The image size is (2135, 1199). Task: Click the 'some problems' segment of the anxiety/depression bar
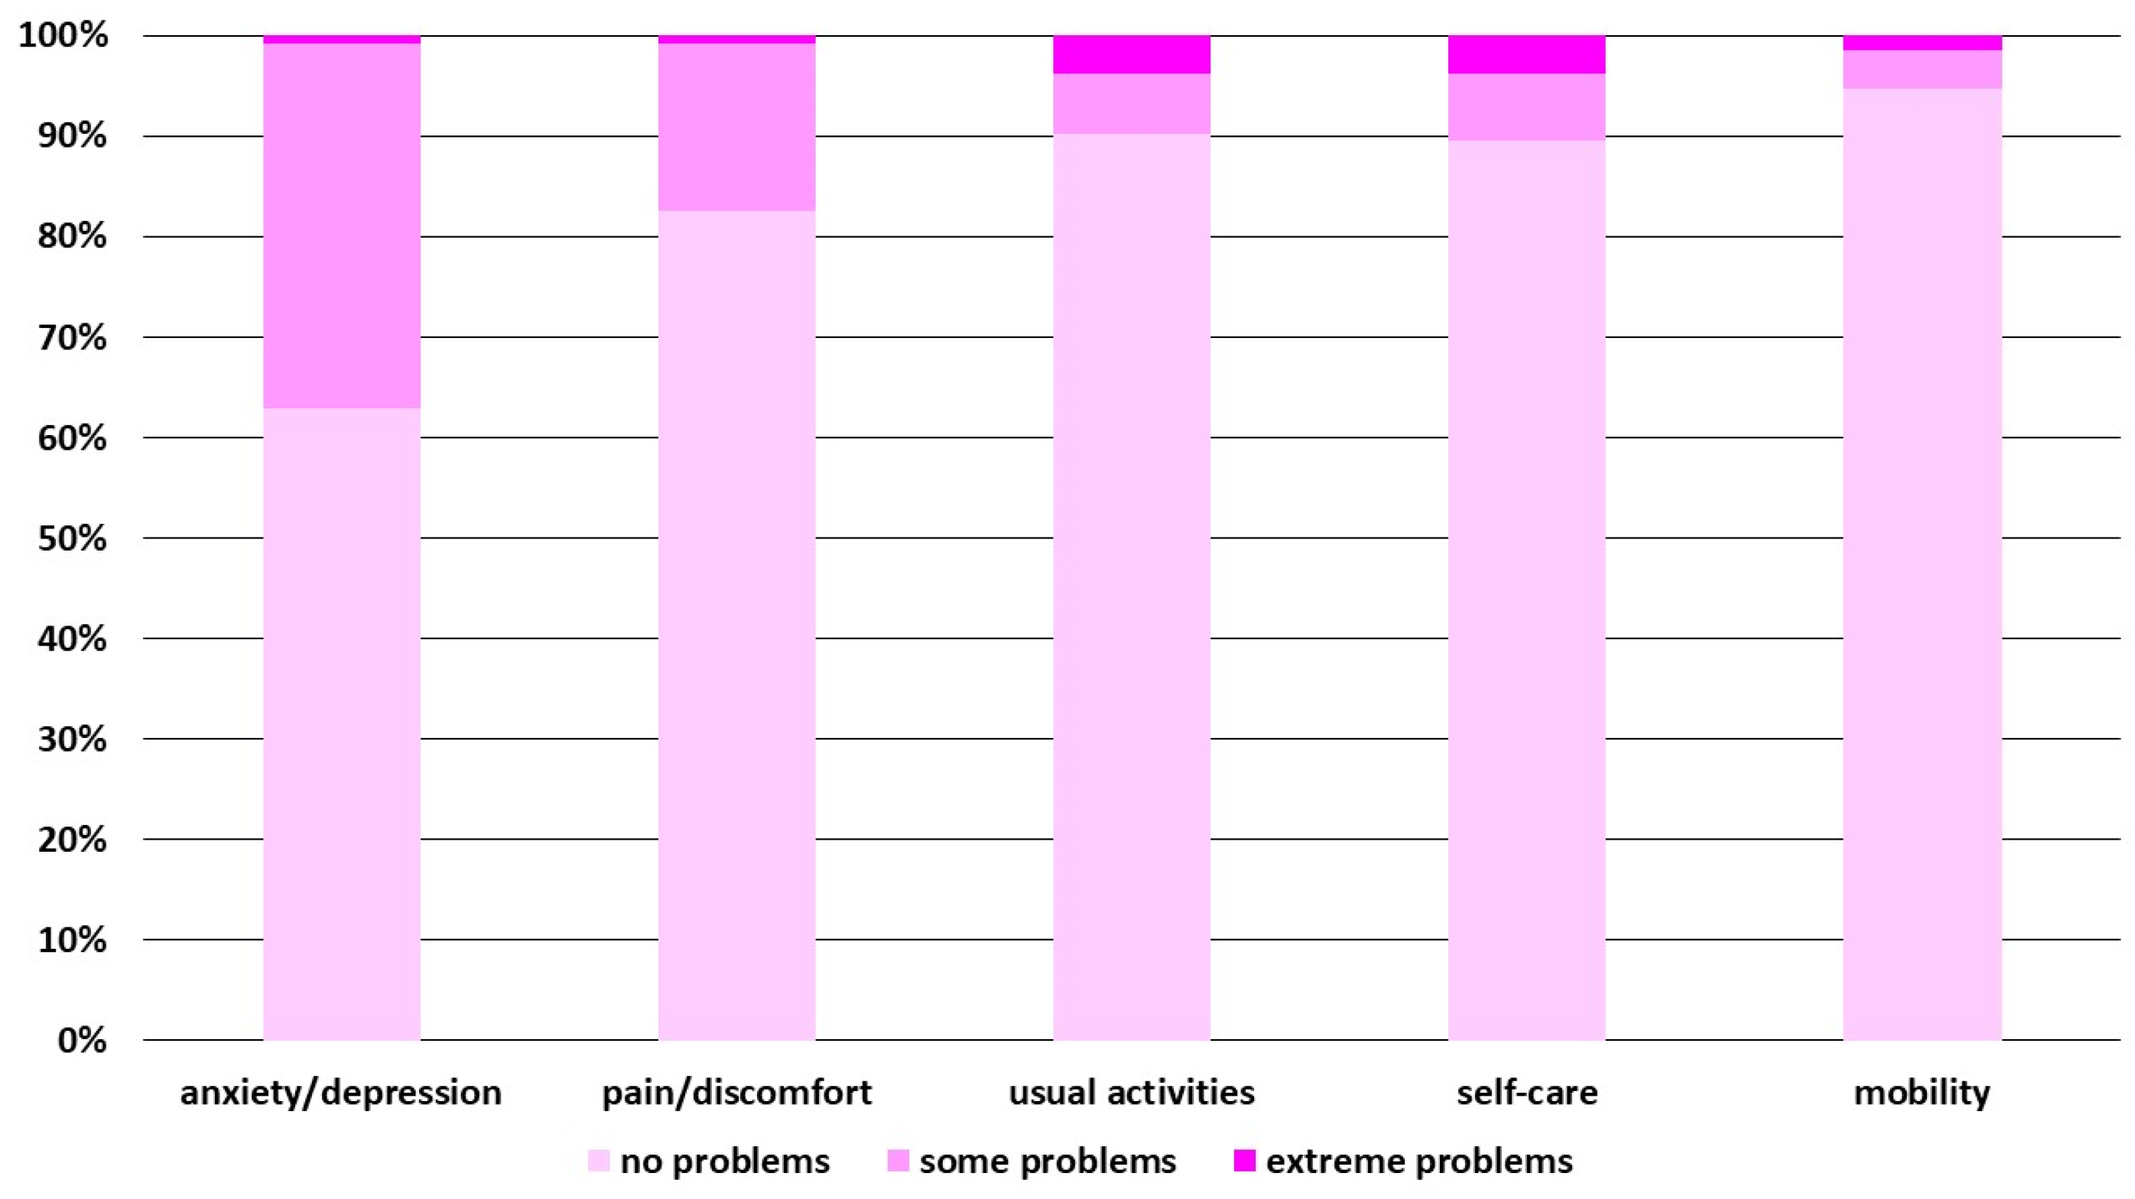[x=342, y=226]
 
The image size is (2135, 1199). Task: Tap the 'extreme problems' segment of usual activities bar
[x=1131, y=55]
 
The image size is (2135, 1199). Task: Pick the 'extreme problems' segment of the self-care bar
[x=1526, y=55]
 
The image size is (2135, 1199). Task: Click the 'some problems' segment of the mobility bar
[x=1922, y=70]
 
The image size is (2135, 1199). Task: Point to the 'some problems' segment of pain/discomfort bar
[x=736, y=127]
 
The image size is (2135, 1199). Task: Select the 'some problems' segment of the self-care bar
[x=1526, y=107]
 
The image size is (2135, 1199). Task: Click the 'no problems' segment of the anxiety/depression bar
[x=342, y=723]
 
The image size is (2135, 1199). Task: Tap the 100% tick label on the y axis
[x=63, y=36]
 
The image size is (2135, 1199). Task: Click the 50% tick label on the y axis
[x=72, y=538]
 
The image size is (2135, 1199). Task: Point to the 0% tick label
[x=81, y=1041]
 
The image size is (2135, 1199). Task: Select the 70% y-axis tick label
[x=72, y=338]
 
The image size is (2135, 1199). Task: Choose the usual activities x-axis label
[x=1131, y=1093]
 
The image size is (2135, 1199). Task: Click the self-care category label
[x=1526, y=1093]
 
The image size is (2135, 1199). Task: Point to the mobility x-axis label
[x=1921, y=1093]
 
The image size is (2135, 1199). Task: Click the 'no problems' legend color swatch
[x=599, y=1161]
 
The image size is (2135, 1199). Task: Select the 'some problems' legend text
[x=1048, y=1162]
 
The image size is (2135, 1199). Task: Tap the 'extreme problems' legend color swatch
[x=1244, y=1161]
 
